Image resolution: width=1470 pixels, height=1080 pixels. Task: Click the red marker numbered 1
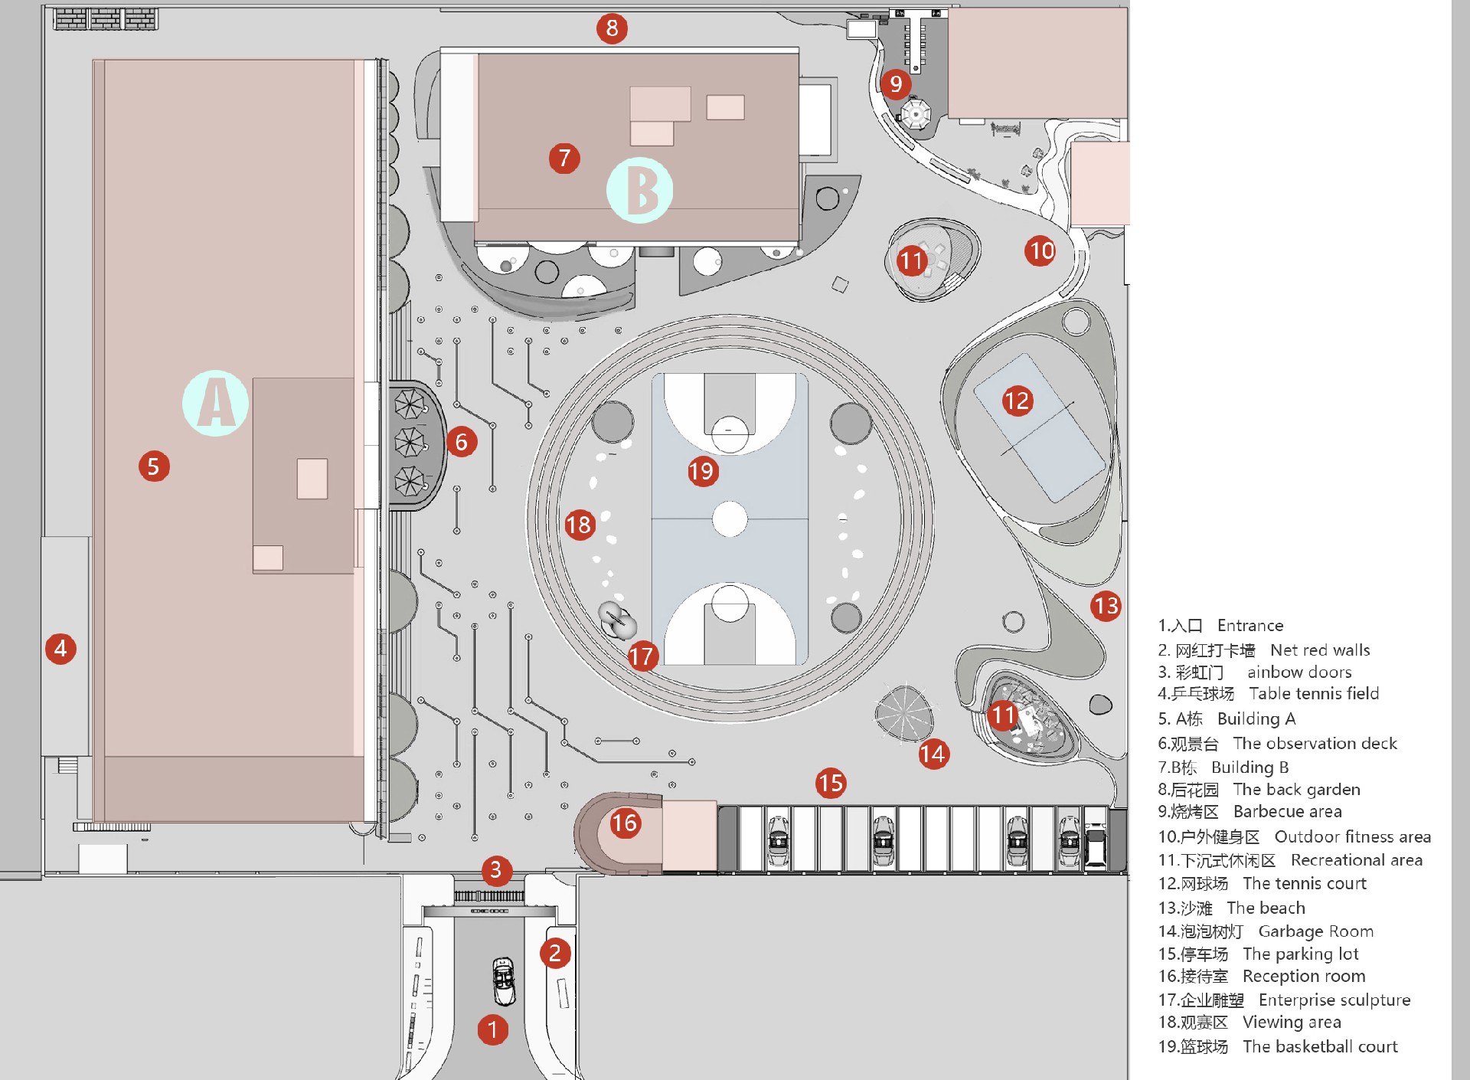(x=493, y=1029)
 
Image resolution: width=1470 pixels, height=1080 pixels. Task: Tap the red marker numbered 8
(x=612, y=28)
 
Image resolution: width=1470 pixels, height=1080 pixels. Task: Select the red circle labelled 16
(x=625, y=823)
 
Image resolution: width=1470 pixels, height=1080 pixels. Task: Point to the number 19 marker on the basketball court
(x=702, y=471)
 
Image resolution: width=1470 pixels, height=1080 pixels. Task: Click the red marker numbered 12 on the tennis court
(x=1018, y=401)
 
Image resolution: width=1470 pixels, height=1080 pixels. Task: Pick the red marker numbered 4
(x=60, y=649)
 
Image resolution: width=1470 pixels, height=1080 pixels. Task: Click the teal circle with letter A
(x=215, y=404)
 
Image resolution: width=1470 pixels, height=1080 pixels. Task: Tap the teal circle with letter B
(x=640, y=190)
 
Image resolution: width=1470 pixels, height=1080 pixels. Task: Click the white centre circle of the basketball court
(x=730, y=519)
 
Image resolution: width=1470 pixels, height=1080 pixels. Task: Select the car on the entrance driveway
(x=504, y=981)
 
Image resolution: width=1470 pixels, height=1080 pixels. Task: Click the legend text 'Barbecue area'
(x=1288, y=812)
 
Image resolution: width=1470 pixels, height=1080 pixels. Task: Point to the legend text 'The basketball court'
(x=1320, y=1046)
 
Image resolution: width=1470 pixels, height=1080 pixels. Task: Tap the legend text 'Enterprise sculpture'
(x=1334, y=1000)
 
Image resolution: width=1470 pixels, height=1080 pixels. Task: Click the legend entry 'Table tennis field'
(x=1314, y=694)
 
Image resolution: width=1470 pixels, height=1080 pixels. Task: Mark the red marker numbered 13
(x=1106, y=606)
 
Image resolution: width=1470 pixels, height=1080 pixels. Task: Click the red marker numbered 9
(x=896, y=83)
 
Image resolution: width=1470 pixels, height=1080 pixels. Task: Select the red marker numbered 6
(x=462, y=442)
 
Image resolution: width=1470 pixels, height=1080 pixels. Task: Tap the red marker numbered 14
(x=933, y=754)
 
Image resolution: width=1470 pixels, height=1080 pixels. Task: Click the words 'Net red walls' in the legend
(x=1320, y=650)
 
